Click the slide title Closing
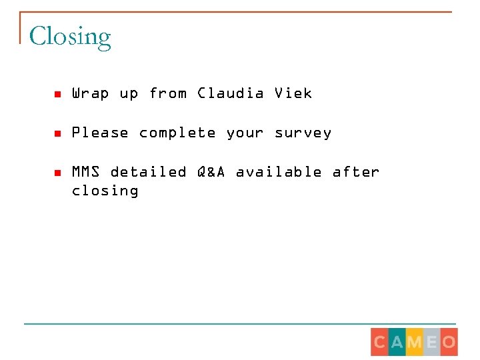(x=70, y=37)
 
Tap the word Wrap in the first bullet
(x=90, y=93)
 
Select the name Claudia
(x=231, y=93)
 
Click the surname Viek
(x=293, y=93)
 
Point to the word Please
(x=100, y=133)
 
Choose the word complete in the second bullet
(x=177, y=133)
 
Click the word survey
(x=303, y=133)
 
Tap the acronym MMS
(x=86, y=172)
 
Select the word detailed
(x=148, y=172)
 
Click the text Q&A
(x=211, y=172)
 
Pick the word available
(x=279, y=172)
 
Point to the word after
(x=356, y=172)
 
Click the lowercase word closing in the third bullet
(x=105, y=191)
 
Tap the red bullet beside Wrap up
(x=57, y=94)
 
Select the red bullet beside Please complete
(x=57, y=133)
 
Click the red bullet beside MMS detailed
(x=57, y=173)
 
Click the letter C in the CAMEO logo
(x=380, y=342)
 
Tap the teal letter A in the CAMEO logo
(x=397, y=342)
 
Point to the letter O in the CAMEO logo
(x=449, y=342)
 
